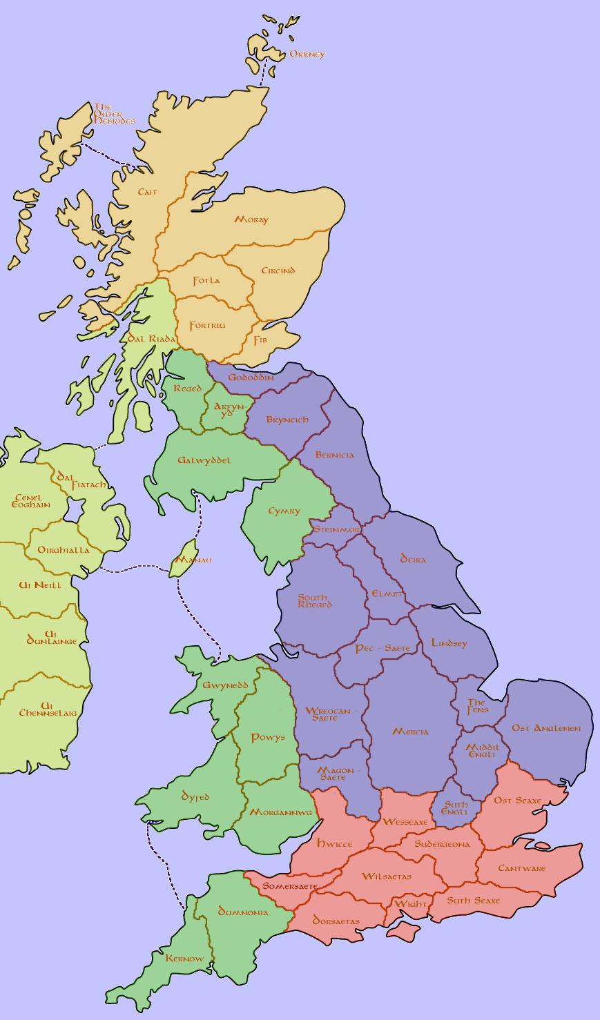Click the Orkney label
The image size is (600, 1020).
(x=307, y=54)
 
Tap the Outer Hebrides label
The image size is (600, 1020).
(x=114, y=114)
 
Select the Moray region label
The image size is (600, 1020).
(x=251, y=219)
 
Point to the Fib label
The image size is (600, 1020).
(x=260, y=340)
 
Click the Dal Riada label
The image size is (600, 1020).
(x=152, y=338)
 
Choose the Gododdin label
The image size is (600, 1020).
(x=251, y=377)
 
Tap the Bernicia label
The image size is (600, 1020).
(x=334, y=455)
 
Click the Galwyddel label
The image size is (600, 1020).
(x=204, y=460)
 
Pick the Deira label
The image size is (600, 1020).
(x=413, y=559)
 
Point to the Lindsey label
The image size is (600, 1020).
(x=449, y=643)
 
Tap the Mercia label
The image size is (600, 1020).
(x=410, y=732)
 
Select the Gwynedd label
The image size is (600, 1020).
(x=225, y=685)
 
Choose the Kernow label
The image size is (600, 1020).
(x=184, y=958)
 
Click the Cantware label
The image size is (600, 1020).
(x=521, y=868)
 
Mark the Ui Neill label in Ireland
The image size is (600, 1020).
(x=39, y=585)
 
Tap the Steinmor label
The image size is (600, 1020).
(x=336, y=529)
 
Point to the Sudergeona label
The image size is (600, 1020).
(x=442, y=844)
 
